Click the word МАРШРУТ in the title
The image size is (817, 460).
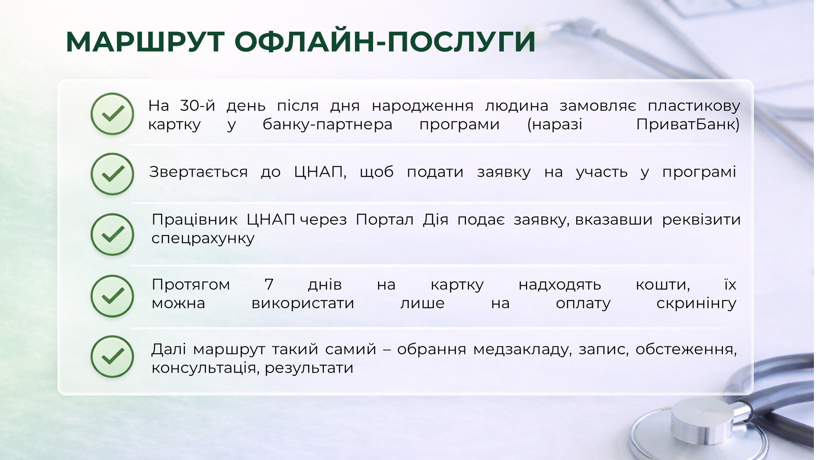(146, 41)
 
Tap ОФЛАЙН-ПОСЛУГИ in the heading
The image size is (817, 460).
(385, 41)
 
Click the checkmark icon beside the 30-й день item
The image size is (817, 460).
(112, 114)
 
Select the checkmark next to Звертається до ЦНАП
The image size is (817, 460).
(112, 174)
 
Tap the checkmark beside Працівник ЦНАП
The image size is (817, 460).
(112, 234)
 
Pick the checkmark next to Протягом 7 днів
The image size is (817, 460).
(112, 296)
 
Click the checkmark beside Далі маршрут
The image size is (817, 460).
(112, 357)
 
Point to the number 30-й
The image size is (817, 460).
(197, 105)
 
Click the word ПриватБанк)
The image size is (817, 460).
(688, 125)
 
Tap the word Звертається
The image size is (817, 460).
(199, 172)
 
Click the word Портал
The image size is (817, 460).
(385, 220)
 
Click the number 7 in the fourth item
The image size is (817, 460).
(269, 284)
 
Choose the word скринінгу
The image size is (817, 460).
(696, 304)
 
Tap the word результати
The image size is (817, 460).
(309, 368)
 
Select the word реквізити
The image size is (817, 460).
(701, 220)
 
